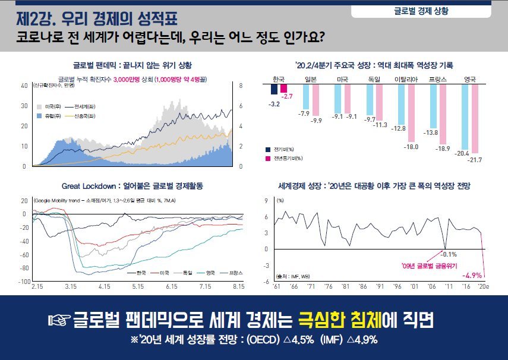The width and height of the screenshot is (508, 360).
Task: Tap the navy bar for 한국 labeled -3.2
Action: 274,89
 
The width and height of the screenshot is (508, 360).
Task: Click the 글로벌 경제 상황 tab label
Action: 421,11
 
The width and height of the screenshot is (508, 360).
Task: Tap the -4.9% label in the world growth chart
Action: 472,275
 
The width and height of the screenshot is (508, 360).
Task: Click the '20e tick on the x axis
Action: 483,286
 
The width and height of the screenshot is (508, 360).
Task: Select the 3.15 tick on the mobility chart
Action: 71,286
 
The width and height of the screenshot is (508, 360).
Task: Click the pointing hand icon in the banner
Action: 59,321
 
